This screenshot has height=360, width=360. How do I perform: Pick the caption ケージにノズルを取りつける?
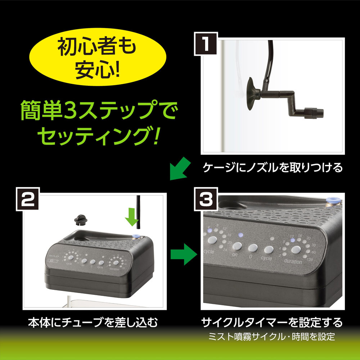273,168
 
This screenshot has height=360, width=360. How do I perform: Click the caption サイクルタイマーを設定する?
271,321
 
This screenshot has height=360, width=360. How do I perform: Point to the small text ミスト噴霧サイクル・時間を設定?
272,337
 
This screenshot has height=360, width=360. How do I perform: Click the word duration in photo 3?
292,262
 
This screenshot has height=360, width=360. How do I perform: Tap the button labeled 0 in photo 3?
253,248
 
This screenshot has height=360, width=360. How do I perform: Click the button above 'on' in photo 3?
237,246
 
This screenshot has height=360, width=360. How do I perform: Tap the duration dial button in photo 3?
296,251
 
